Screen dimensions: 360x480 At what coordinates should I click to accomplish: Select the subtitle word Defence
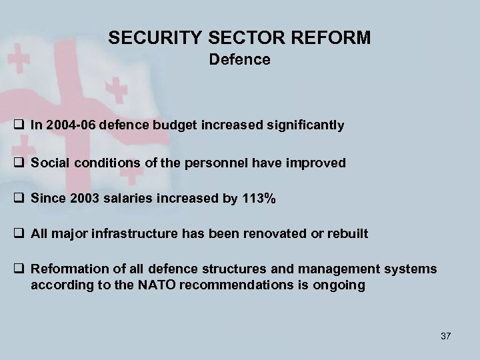239,60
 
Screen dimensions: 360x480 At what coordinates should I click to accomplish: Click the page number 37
445,336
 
